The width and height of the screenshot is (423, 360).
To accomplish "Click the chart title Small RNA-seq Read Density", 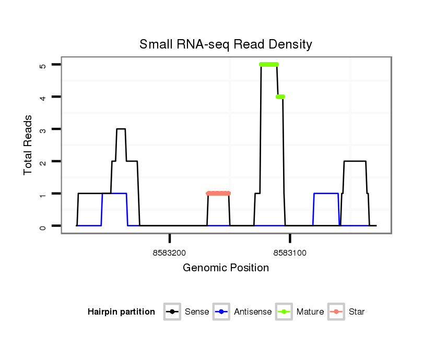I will [x=226, y=44].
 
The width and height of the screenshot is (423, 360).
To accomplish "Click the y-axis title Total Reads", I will [x=28, y=145].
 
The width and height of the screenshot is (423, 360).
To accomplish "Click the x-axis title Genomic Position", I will [x=226, y=268].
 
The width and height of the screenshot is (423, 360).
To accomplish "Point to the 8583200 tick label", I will [x=170, y=253].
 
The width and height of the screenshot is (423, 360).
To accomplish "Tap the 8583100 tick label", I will [x=290, y=253].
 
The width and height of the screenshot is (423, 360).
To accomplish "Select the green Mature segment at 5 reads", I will [x=269, y=65].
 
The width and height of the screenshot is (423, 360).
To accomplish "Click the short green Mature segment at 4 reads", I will [x=280, y=97].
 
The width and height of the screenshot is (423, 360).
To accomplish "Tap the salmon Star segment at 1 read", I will [x=218, y=194].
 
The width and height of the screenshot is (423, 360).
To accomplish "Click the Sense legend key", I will [x=172, y=312].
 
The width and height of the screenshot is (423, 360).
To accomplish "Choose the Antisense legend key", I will [x=222, y=312].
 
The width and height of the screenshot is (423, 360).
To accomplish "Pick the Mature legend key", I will [x=284, y=312].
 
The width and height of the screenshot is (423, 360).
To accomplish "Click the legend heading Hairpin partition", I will [x=121, y=312].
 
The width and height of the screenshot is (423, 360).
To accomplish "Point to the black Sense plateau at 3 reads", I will [x=121, y=129].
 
